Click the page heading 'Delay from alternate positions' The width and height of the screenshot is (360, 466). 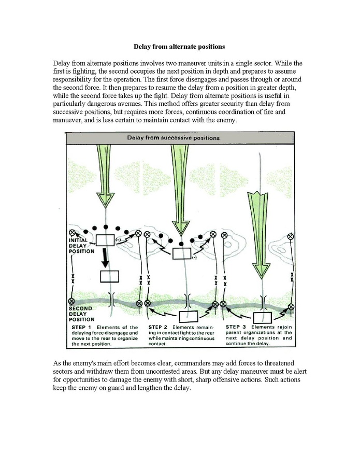179,46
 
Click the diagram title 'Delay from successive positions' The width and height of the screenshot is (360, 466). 174,138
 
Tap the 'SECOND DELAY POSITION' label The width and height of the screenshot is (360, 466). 81,314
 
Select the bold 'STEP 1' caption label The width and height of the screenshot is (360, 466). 81,328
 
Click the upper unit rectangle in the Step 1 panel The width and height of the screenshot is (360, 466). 105,240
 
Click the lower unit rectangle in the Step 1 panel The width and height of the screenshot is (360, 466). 109,276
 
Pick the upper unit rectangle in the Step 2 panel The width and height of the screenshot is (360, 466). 182,253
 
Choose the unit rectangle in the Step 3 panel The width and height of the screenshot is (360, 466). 264,316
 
